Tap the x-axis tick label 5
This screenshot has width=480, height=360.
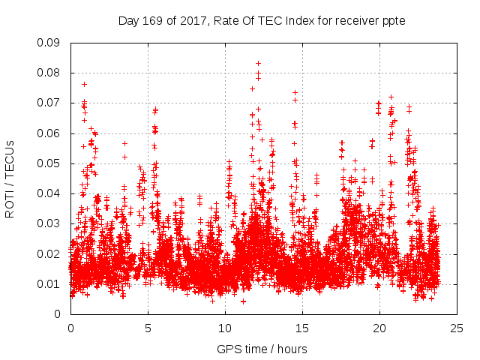point(148,328)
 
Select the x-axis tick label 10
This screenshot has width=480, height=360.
point(225,328)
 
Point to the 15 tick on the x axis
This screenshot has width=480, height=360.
point(302,328)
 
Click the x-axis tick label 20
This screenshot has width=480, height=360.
point(379,328)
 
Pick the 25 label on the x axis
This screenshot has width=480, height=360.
point(457,328)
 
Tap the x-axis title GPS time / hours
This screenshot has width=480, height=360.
point(262,349)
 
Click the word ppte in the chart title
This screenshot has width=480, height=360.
point(393,20)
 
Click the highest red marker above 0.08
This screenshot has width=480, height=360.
point(258,63)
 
